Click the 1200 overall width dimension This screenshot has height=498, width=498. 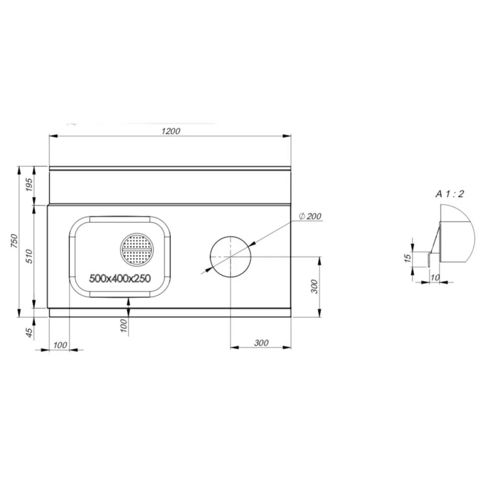point(170,131)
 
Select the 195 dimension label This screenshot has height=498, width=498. point(29,185)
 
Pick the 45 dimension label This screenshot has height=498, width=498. point(29,332)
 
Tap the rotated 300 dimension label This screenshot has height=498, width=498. point(314,286)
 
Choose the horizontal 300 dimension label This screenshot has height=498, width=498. point(261,343)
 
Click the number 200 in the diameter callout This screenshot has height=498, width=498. point(314,216)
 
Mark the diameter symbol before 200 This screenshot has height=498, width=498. point(302,216)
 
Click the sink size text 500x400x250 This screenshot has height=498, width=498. point(120,279)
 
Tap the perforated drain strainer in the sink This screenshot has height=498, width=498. point(136,249)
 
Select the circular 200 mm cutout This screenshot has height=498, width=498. point(230,256)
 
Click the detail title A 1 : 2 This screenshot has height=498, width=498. point(450,194)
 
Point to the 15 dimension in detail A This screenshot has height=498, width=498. point(407,257)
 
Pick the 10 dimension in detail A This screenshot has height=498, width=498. point(435,278)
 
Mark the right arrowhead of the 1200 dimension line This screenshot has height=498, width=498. point(287,135)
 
